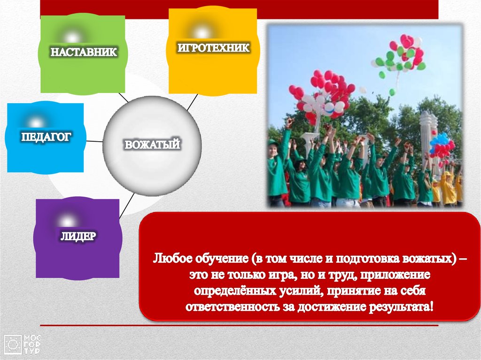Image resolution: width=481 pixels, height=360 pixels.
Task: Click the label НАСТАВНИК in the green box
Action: coord(84,52)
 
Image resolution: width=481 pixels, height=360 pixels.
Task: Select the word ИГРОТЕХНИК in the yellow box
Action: coord(214,48)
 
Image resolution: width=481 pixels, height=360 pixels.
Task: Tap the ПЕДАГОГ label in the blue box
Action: coord(46,137)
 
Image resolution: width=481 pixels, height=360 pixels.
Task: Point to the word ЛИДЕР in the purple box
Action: coord(78,236)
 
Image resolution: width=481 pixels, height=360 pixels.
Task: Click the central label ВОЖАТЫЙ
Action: coord(152,145)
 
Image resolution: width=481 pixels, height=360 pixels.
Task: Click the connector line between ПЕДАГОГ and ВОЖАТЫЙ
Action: coord(94,141)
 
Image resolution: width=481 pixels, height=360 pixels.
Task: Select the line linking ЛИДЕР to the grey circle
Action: coord(127,206)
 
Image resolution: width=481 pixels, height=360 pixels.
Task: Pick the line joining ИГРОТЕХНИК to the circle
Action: coord(192,102)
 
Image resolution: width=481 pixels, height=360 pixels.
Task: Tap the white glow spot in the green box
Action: coord(72,38)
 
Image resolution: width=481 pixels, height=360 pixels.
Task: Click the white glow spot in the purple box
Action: coord(67,221)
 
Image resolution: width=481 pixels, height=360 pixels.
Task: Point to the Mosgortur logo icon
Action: coord(13,345)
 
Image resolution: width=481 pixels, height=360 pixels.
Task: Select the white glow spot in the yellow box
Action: coord(202,32)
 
